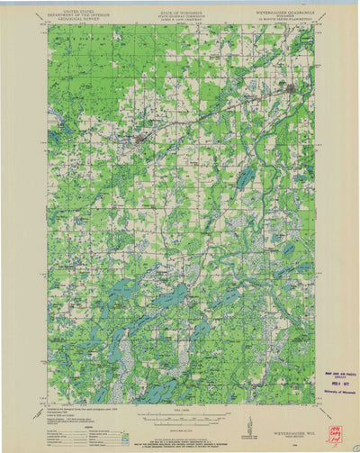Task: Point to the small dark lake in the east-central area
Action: coord(245,178)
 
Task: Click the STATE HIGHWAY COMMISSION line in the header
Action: coord(180,14)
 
